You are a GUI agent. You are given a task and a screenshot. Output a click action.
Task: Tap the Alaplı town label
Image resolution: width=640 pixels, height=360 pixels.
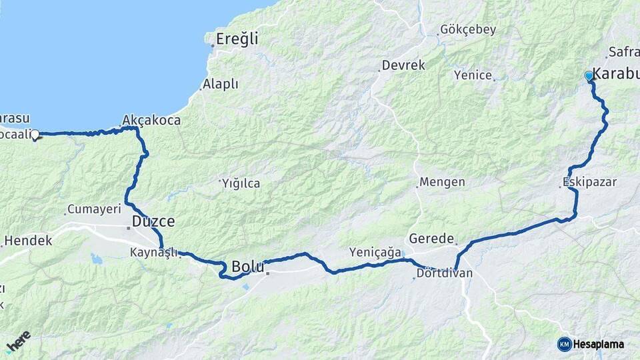[221, 85]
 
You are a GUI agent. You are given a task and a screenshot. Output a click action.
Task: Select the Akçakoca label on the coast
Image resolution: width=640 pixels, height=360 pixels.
[151, 121]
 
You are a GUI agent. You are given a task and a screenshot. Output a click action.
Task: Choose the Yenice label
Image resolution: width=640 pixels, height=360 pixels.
[473, 76]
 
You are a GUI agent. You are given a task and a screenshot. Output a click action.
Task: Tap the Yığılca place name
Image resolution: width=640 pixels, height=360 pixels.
[241, 183]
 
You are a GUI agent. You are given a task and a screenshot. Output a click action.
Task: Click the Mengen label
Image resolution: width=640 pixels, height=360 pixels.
[442, 183]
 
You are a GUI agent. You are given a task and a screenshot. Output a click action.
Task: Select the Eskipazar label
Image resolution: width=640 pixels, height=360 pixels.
[590, 181]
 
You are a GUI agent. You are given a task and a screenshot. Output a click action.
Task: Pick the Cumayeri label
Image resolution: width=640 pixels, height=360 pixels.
[91, 210]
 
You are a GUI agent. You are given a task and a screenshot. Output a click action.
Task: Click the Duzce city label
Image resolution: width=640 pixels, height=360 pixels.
[153, 221]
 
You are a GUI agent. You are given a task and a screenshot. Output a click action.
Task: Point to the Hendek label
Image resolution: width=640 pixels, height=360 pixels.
[28, 241]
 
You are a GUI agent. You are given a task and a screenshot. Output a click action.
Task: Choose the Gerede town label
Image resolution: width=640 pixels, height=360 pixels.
[431, 239]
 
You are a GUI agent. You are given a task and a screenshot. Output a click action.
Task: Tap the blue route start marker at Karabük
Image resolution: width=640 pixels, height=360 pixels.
[589, 77]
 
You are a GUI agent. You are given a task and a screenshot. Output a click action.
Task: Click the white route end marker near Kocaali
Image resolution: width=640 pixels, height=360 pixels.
[35, 135]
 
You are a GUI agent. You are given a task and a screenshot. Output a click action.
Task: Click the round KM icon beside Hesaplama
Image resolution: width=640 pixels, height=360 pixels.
[564, 344]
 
